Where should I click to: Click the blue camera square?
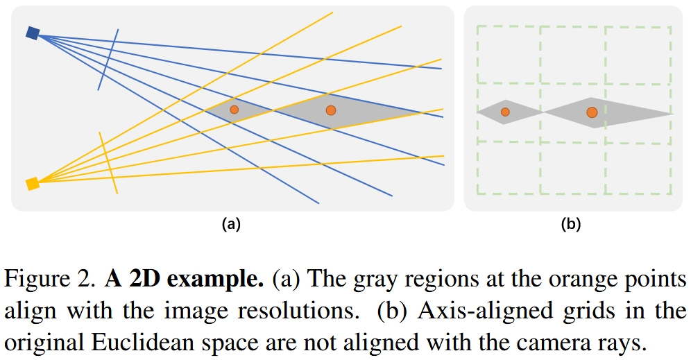tap(33, 33)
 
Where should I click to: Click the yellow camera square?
tap(33, 184)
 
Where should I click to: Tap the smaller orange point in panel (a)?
tap(234, 110)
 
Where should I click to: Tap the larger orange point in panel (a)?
tap(330, 110)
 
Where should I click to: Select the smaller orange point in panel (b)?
tap(505, 112)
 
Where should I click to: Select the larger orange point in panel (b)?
tap(592, 112)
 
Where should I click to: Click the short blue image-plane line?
tap(108, 60)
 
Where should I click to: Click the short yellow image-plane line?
tap(108, 162)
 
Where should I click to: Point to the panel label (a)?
tap(231, 224)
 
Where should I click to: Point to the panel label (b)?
tap(571, 224)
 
